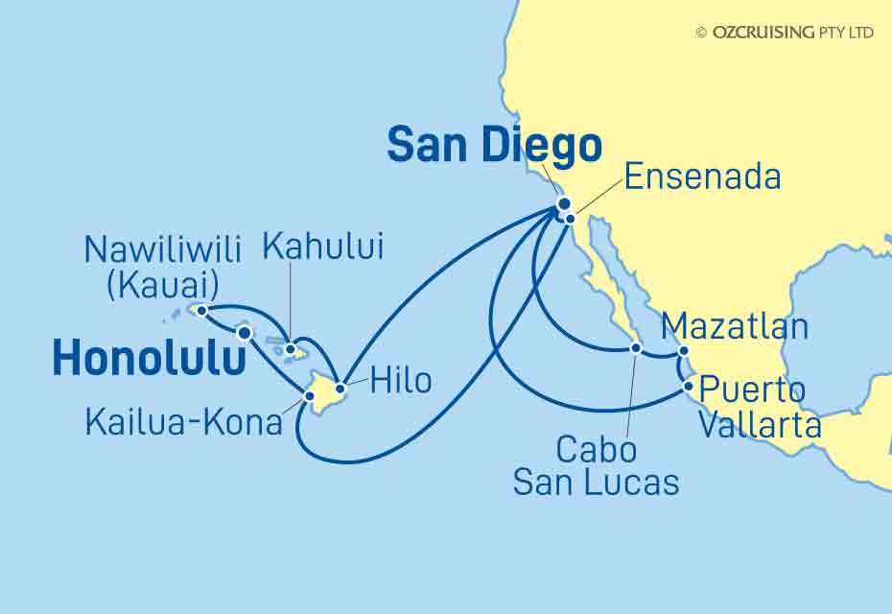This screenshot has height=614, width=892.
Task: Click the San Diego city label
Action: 494,146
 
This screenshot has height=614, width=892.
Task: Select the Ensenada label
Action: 702,177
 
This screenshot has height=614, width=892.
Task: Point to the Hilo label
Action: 397,381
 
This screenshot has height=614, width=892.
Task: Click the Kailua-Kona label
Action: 184,422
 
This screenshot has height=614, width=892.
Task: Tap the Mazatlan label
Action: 736,327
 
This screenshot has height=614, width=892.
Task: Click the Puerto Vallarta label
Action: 759,408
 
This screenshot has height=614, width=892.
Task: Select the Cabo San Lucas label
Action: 596,465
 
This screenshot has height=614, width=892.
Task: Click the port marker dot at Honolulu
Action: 245,333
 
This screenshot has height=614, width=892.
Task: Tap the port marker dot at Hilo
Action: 340,388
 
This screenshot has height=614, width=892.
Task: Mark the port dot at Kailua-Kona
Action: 310,394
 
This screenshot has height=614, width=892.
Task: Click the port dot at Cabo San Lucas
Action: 635,348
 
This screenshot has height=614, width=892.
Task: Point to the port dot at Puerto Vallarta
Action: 689,387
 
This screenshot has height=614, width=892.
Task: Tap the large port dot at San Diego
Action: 564,203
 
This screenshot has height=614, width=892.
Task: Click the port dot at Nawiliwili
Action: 202,310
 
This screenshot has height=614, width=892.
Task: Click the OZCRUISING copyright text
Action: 784,32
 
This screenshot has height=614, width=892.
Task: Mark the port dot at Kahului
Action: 289,349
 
